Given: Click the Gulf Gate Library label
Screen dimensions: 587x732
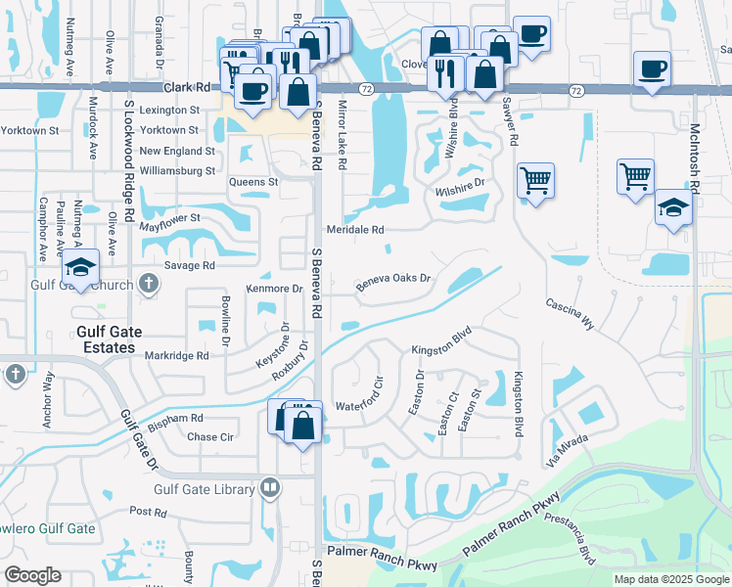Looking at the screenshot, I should point(204,489).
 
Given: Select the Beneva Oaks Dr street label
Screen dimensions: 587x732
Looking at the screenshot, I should point(393,279).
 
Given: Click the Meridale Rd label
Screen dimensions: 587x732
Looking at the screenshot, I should point(355,229).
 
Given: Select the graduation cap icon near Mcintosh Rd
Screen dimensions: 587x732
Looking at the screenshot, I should point(672,207).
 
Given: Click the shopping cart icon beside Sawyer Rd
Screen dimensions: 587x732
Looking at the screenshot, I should point(535,181).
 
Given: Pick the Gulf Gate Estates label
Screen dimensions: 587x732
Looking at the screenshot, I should point(106,339).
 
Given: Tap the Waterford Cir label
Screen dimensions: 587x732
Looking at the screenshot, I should point(363,406).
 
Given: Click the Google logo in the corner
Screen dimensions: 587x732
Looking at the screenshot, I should point(32,575).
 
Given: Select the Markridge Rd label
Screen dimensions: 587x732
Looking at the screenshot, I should point(177,356).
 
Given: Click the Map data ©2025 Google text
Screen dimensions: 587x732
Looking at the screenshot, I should point(670,579).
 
